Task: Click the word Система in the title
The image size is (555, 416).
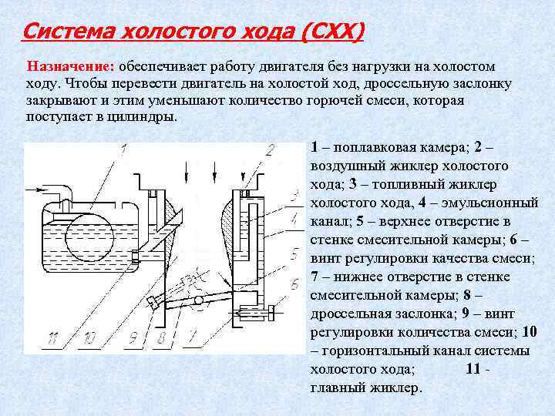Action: click(x=64, y=33)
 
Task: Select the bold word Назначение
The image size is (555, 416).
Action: click(x=70, y=67)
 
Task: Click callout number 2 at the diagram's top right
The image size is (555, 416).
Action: click(x=270, y=151)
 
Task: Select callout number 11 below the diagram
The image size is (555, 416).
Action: click(x=52, y=337)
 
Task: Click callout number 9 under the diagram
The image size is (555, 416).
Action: click(x=133, y=337)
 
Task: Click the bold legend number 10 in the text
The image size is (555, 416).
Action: click(x=529, y=332)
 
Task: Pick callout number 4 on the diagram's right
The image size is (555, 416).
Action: click(x=294, y=219)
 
